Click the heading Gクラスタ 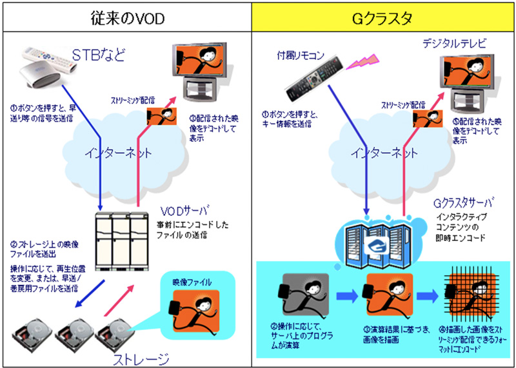pos(382,17)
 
